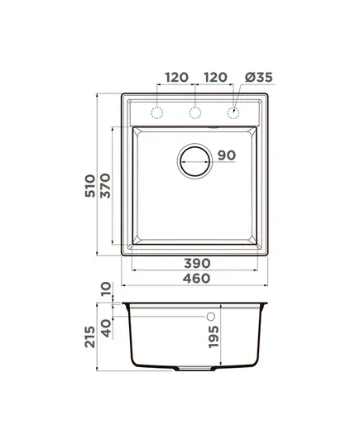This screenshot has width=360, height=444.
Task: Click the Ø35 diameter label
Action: pyautogui.click(x=259, y=77)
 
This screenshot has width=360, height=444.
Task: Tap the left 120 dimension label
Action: pyautogui.click(x=176, y=77)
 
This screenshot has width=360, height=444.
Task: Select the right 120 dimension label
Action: pyautogui.click(x=215, y=77)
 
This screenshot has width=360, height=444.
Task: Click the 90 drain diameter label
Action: pyautogui.click(x=227, y=155)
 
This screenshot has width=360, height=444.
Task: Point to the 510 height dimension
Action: pyautogui.click(x=90, y=186)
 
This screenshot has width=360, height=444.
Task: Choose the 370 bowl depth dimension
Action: pyautogui.click(x=105, y=186)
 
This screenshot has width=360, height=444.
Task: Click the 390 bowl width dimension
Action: pyautogui.click(x=197, y=264)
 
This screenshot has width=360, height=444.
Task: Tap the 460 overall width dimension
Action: pyautogui.click(x=196, y=279)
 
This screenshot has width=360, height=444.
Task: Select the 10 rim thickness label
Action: pyautogui.click(x=106, y=289)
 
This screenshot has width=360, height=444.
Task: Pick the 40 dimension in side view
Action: pyautogui.click(x=106, y=328)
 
